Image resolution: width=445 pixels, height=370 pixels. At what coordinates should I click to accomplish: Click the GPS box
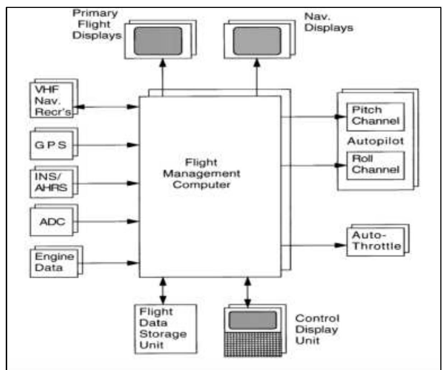(x=51, y=145)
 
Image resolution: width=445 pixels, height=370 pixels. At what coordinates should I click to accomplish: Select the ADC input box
(x=52, y=222)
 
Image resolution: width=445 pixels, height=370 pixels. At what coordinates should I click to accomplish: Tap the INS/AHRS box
(x=51, y=183)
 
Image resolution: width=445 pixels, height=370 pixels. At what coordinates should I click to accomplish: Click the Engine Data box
(x=54, y=262)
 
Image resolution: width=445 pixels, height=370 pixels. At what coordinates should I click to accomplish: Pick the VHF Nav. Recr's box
(x=51, y=100)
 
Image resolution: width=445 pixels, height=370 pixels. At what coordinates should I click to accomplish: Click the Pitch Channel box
(x=375, y=116)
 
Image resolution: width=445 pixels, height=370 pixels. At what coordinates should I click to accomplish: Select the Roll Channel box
(x=375, y=165)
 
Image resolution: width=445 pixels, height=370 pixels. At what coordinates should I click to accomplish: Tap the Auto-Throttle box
(x=376, y=241)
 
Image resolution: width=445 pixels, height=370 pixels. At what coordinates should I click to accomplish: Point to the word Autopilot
(x=375, y=141)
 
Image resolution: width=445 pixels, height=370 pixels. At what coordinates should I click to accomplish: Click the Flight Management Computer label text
(x=201, y=174)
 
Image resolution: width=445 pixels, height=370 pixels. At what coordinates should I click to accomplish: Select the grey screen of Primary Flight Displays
(x=158, y=41)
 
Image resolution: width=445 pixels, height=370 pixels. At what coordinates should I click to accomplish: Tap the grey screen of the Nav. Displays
(x=257, y=41)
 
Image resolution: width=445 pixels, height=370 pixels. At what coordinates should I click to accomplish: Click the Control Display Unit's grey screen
(x=252, y=320)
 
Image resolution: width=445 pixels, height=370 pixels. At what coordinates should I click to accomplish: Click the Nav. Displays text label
(x=328, y=22)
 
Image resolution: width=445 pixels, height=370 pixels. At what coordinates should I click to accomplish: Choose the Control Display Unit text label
(x=317, y=329)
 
